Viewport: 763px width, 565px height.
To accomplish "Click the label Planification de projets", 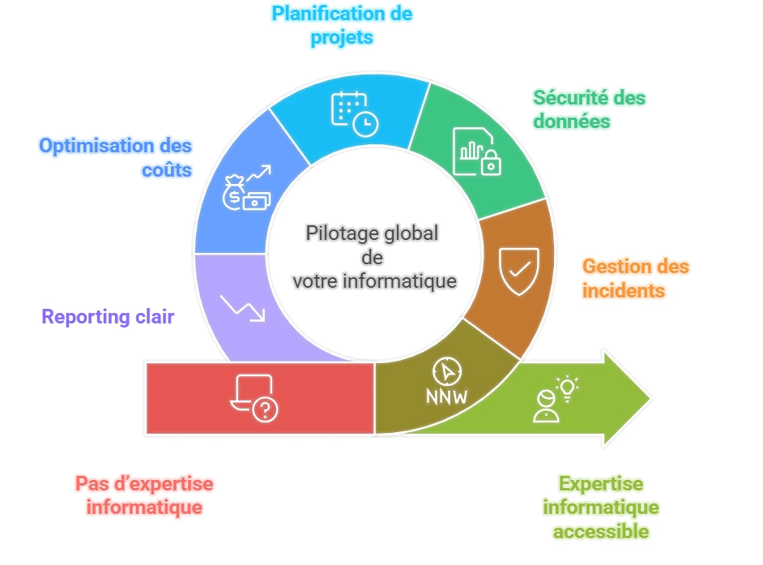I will coord(342,25).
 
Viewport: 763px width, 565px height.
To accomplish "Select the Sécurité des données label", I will coord(589,109).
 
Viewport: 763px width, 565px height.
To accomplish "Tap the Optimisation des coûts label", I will coord(116,157).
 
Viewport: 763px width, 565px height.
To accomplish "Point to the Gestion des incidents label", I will coord(636,277).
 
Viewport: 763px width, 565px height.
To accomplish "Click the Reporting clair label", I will coord(108,316).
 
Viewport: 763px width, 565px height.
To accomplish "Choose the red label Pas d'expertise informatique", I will coord(144,495).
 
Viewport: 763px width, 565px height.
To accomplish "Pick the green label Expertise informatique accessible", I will coord(600,507).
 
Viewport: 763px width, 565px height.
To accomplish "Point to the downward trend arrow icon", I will coord(243,308).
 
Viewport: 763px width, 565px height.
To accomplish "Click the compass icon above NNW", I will coord(446,371).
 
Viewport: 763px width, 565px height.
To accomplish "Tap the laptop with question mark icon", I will coord(254,398).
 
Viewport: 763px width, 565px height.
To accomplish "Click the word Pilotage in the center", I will coord(339,233).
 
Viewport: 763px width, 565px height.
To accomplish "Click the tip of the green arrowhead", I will coord(650,398).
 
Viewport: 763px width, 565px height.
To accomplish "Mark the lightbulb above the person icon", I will coord(568,384).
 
